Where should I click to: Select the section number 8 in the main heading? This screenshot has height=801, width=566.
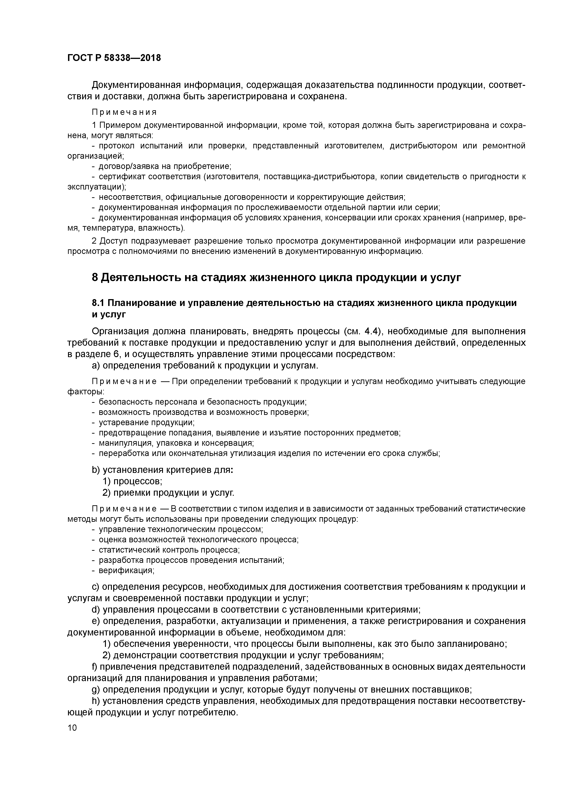[x=95, y=277]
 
